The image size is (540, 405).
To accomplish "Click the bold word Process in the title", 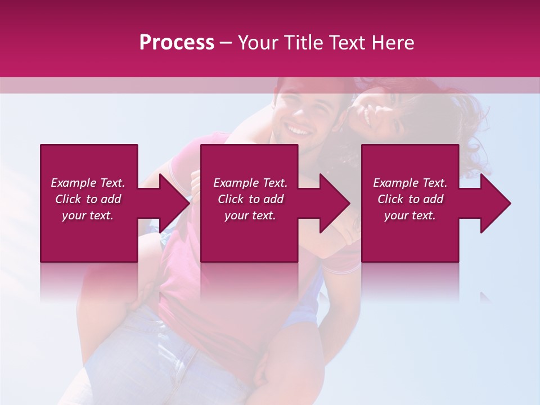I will point(177,43).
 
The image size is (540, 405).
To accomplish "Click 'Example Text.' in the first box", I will point(88,183).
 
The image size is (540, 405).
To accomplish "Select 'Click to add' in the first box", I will point(88,199).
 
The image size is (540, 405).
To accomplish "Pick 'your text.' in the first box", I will point(88,215).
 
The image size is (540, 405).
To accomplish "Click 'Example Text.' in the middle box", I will point(250,183).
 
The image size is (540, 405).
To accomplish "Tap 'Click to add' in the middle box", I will point(250,199).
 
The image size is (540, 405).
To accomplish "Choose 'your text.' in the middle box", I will point(250,215).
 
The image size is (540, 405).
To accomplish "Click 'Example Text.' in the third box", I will point(410,183).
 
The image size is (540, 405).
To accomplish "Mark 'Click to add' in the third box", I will point(410,199).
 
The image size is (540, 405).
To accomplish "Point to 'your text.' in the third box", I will point(410,215).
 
